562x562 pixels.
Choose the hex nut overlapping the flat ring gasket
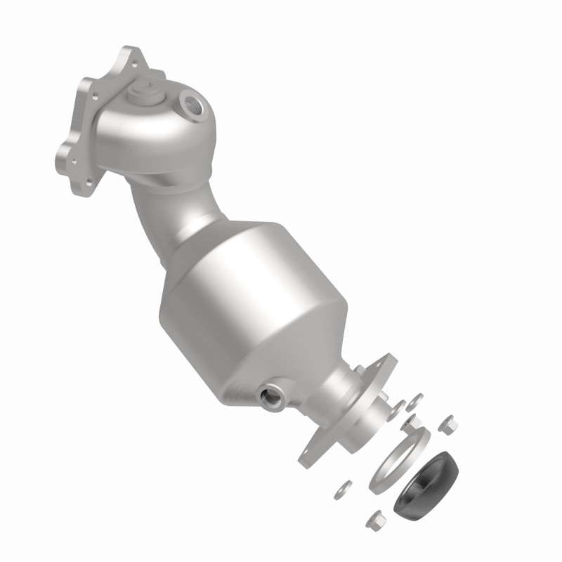(x=409, y=424)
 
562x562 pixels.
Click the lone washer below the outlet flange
(x=346, y=485)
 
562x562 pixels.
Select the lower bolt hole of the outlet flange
(x=310, y=461)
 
